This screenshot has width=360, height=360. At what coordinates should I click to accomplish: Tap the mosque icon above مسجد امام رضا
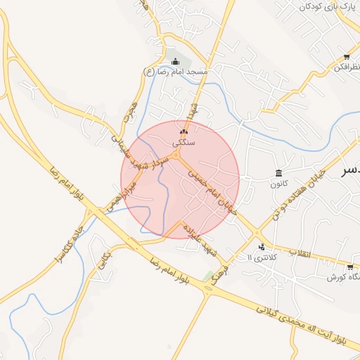[x=176, y=61]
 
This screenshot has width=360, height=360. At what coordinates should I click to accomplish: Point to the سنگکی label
[x=184, y=142]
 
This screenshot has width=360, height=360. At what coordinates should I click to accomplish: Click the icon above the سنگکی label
[x=184, y=131]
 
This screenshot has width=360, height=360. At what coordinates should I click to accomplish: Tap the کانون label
[x=279, y=184]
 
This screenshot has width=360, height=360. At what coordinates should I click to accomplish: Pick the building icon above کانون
[x=279, y=174]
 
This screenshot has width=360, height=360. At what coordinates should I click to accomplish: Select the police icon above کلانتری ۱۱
[x=262, y=247]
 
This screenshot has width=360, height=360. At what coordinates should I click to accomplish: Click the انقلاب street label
[x=300, y=252]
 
